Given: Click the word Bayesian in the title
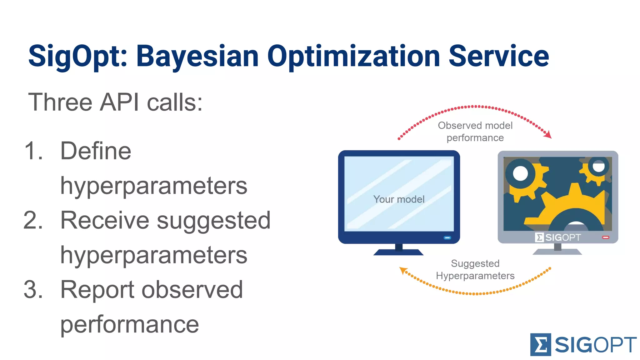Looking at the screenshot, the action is [x=197, y=56].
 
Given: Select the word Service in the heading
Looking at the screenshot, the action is [x=499, y=56].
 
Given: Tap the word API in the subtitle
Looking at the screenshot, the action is [x=119, y=102].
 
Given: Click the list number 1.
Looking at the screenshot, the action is [x=33, y=151].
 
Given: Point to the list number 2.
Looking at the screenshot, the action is [x=33, y=220].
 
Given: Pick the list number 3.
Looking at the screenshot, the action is [x=33, y=289].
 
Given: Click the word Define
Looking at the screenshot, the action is [x=96, y=151].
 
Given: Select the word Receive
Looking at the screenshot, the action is [x=105, y=220].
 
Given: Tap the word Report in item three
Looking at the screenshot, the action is [x=97, y=289].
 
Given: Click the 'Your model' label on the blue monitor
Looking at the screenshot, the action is [x=399, y=199].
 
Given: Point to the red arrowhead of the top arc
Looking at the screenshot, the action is [x=548, y=135].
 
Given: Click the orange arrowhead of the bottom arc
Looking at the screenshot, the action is [x=403, y=270].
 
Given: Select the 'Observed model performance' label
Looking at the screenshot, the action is [x=475, y=132].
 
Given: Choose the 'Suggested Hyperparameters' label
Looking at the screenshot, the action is [x=475, y=269].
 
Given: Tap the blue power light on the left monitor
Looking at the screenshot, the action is [x=447, y=238].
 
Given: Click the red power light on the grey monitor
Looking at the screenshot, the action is [x=606, y=237].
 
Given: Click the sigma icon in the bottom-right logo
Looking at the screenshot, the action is [x=540, y=345].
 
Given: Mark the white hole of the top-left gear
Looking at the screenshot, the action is [x=520, y=173].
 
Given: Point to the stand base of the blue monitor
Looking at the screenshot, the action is [x=398, y=252].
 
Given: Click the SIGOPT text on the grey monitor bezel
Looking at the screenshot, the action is [x=563, y=237].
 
